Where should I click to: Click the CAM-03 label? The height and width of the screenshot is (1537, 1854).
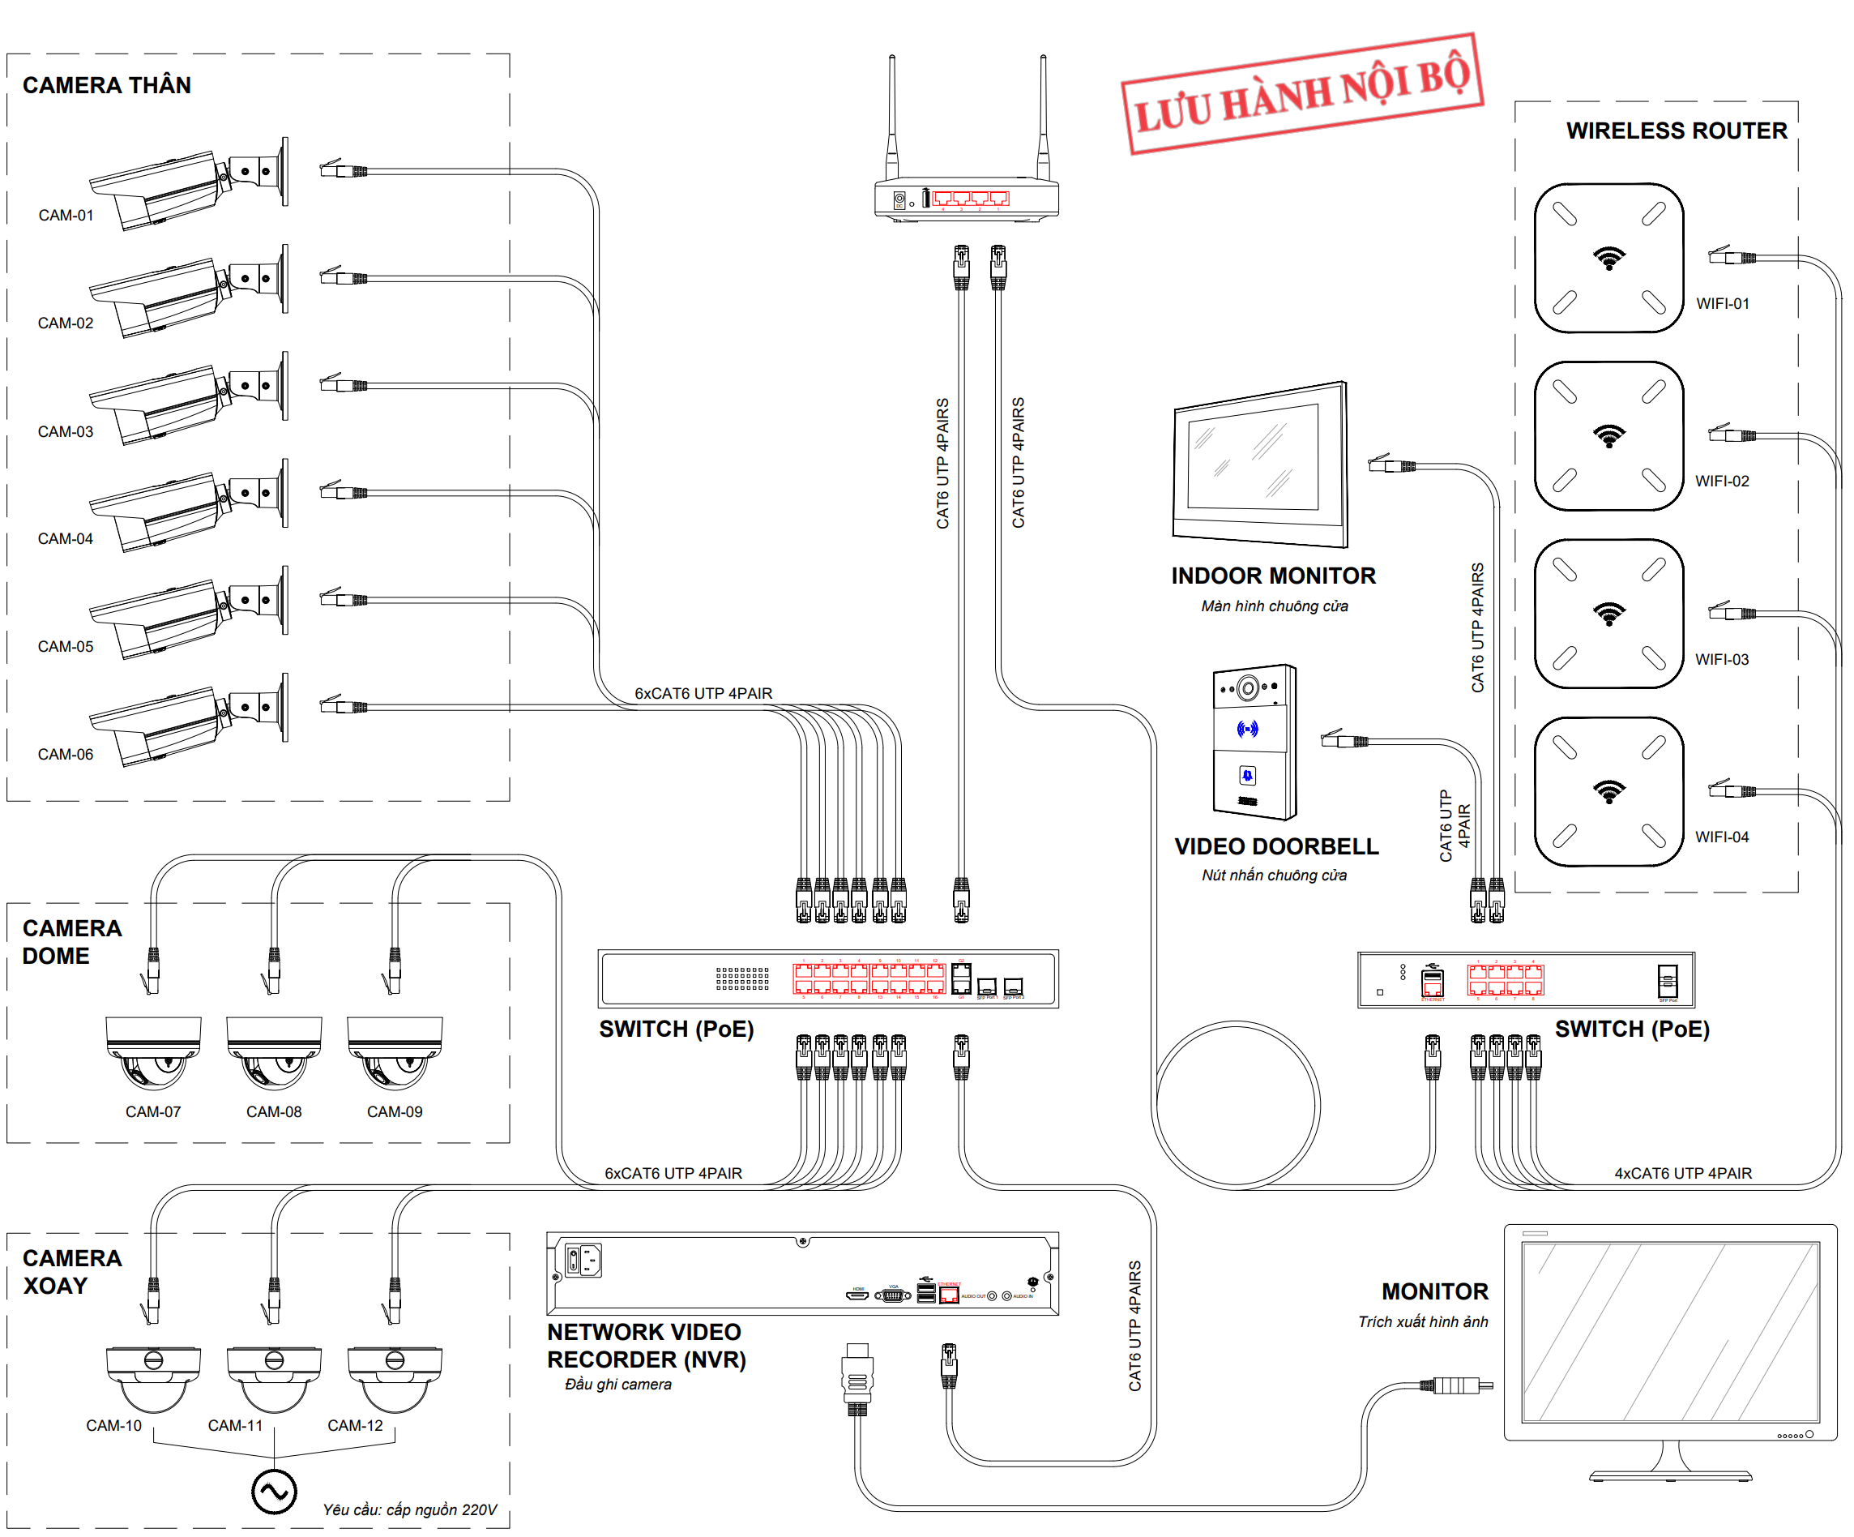tap(66, 431)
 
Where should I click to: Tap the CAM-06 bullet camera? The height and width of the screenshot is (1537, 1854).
tap(186, 720)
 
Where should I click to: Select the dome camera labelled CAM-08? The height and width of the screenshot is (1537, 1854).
tap(274, 1053)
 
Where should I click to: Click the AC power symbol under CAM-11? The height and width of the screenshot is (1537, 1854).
tap(274, 1492)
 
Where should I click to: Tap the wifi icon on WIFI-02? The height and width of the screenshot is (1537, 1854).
tap(1608, 435)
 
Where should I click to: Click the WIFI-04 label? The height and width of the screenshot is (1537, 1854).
tap(1722, 837)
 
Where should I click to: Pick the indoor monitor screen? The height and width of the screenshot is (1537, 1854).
tap(1254, 460)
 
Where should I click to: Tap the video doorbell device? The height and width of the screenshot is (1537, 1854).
tap(1254, 742)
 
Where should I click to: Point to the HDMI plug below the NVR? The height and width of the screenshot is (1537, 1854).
tap(857, 1379)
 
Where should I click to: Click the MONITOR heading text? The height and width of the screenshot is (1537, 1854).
tap(1434, 1291)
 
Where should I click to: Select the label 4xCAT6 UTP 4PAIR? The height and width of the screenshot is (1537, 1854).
tap(1683, 1173)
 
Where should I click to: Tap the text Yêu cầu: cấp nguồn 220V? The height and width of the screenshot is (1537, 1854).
tap(410, 1509)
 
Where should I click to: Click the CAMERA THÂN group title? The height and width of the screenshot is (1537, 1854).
tap(107, 85)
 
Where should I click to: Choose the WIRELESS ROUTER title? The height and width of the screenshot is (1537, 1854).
tap(1676, 131)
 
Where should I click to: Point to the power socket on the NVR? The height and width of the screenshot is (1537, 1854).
tap(583, 1261)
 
